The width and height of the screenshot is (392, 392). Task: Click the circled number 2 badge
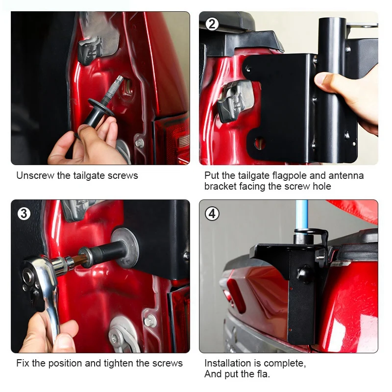[212, 24]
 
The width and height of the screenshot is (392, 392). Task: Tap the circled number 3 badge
[24, 214]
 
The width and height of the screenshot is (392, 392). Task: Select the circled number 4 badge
[212, 214]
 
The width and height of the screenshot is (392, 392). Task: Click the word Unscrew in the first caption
[35, 175]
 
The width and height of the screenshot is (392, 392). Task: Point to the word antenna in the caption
[346, 175]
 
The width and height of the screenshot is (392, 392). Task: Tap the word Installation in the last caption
[228, 363]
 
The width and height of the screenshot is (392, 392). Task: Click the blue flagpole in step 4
[301, 215]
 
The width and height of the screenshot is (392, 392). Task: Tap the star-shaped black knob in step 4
[304, 273]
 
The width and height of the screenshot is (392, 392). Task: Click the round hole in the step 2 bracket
[259, 143]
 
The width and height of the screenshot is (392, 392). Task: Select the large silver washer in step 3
[124, 247]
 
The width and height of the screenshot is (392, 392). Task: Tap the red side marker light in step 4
[236, 296]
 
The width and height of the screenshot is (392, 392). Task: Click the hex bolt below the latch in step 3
[150, 321]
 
